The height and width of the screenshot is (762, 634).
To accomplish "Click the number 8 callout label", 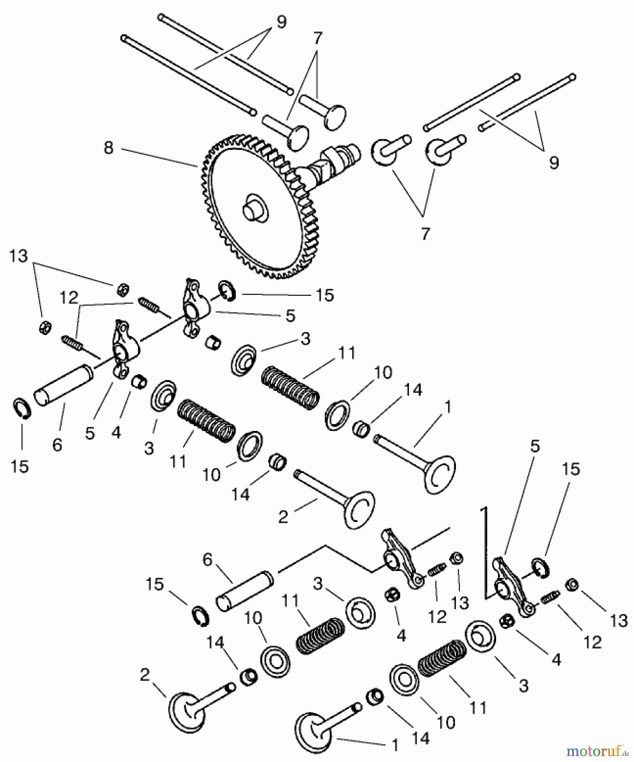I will point(108,148).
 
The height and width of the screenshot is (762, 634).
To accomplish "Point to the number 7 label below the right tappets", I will point(425,234).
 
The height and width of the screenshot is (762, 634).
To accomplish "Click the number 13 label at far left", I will point(19,256).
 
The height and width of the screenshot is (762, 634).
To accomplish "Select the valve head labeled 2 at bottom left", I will point(186,711).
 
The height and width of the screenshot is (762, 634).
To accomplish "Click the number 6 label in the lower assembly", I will point(207,560).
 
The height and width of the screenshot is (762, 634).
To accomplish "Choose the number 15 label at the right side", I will point(571,469).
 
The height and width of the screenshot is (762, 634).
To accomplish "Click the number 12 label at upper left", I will point(69,298).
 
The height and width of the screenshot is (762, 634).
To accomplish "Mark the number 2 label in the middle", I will point(283,517).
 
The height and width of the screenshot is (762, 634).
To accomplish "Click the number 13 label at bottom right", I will point(619,621).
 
